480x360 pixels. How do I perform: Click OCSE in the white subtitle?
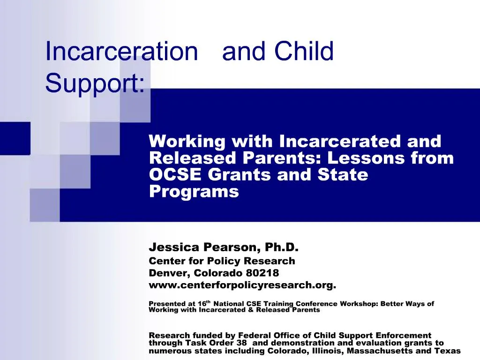(x=175, y=175)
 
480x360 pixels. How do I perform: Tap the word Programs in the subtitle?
(x=194, y=192)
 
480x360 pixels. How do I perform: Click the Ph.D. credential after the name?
(x=281, y=247)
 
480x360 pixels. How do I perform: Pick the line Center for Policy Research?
(x=222, y=261)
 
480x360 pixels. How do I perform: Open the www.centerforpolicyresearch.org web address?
(x=242, y=285)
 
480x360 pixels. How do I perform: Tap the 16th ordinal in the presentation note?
(x=204, y=303)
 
